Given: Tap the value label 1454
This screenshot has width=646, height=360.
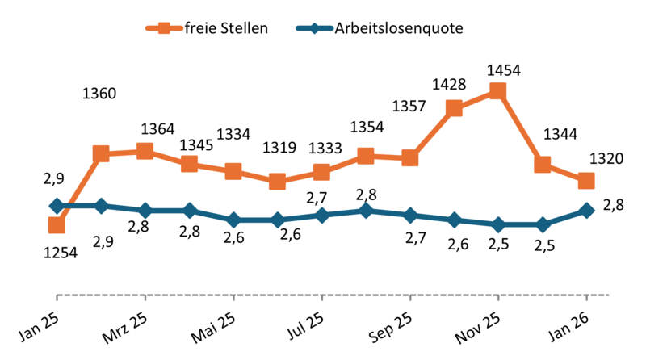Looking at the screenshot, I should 498,71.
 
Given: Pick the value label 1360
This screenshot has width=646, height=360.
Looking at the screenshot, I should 99,93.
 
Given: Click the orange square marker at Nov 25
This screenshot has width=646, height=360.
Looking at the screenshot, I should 497,92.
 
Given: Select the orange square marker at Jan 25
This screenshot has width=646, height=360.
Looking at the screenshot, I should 57,225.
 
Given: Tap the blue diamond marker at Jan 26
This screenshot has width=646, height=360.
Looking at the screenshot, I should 586,211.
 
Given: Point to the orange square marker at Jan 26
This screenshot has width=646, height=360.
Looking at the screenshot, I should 586,180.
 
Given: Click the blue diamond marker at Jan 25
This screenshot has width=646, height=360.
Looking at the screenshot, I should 57,206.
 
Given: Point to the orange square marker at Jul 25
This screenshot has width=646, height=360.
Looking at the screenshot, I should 321,172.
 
